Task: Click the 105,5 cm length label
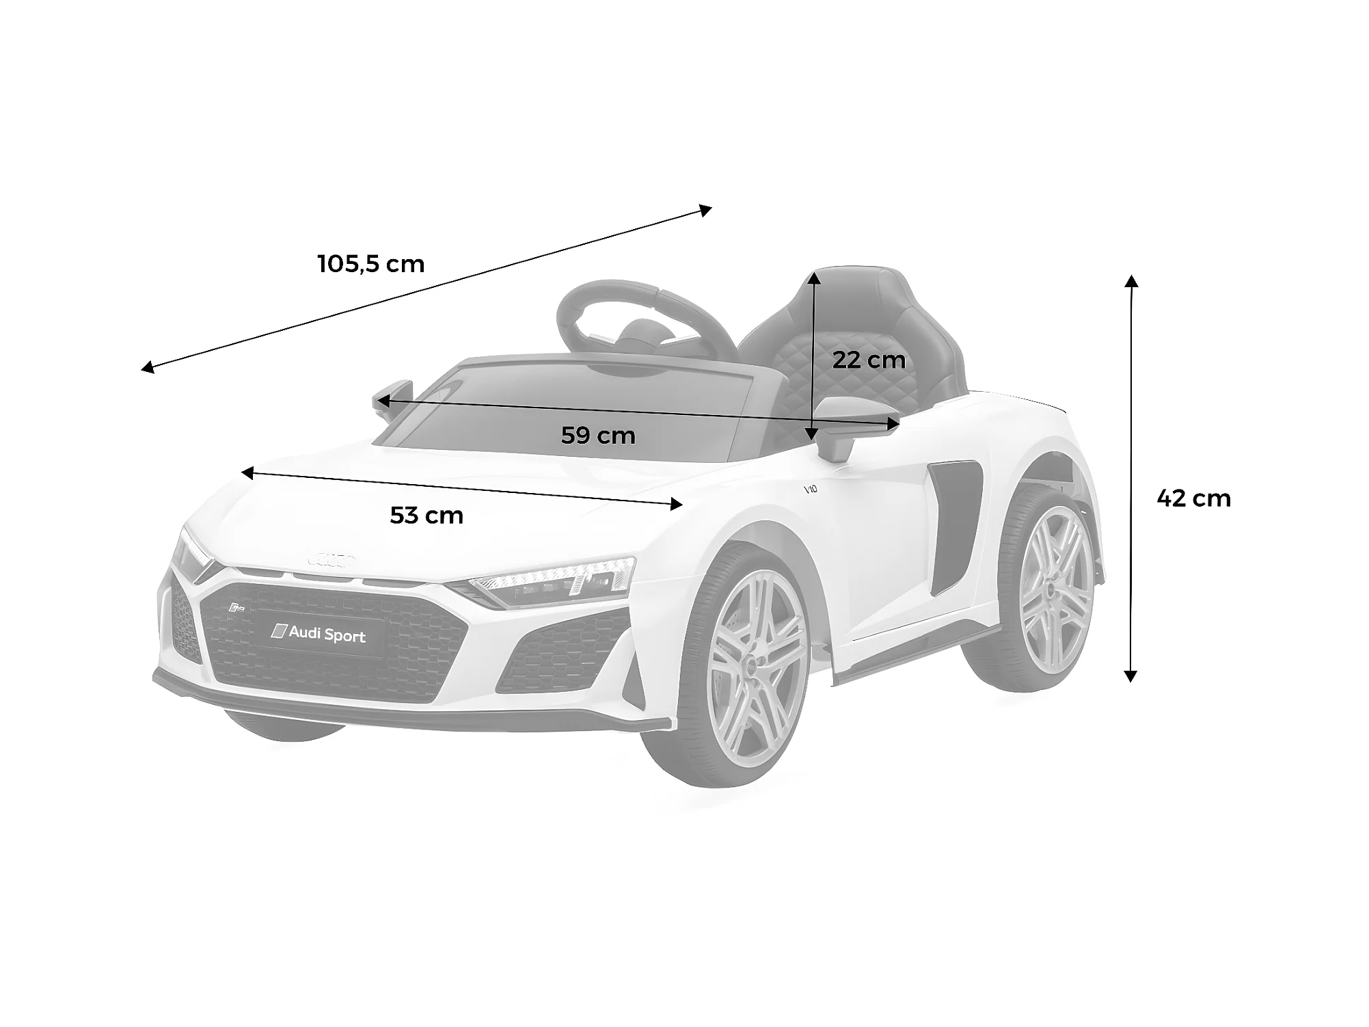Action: tap(371, 264)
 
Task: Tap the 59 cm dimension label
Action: tap(598, 436)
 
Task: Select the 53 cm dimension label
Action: tap(426, 515)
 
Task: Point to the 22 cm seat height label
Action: tap(869, 360)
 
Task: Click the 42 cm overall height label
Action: tap(1193, 498)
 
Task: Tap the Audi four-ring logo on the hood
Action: tap(332, 561)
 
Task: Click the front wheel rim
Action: tap(755, 662)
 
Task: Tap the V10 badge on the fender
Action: tap(811, 489)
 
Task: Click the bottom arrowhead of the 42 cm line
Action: tap(1130, 676)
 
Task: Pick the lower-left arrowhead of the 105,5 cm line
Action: tap(147, 369)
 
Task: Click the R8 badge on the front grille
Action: tap(236, 607)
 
